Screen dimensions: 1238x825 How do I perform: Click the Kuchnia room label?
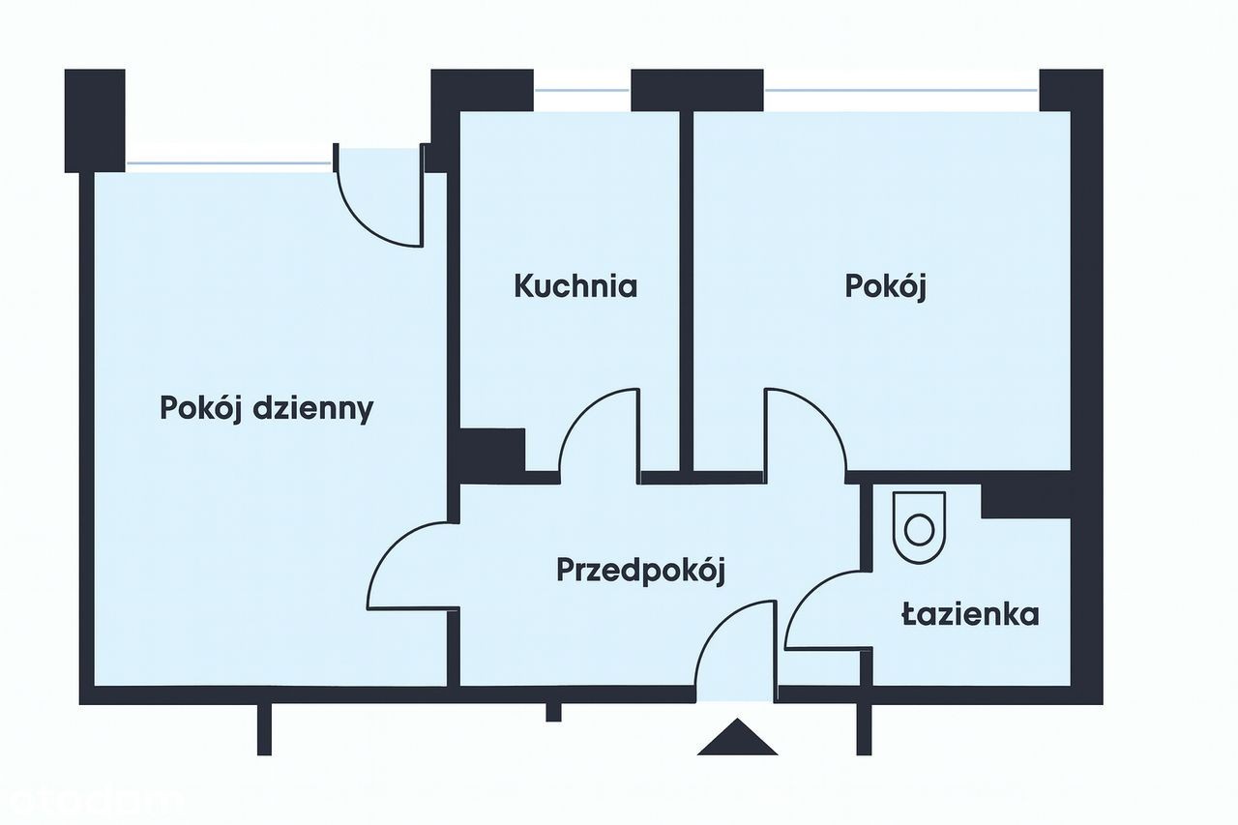click(x=575, y=286)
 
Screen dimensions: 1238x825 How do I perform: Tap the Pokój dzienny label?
click(x=266, y=409)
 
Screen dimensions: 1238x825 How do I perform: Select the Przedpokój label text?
click(x=640, y=571)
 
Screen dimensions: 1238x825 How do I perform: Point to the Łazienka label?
click(x=970, y=614)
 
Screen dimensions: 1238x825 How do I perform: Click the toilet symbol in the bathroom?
click(x=919, y=527)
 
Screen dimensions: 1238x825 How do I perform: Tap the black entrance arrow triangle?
click(x=737, y=737)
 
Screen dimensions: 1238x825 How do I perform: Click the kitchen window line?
click(x=582, y=90)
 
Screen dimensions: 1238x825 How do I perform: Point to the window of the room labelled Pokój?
click(x=901, y=90)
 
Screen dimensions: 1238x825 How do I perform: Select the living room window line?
click(x=229, y=163)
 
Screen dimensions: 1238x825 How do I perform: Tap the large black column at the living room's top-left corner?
click(x=95, y=121)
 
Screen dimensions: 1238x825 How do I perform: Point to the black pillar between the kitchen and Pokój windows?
click(x=697, y=90)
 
